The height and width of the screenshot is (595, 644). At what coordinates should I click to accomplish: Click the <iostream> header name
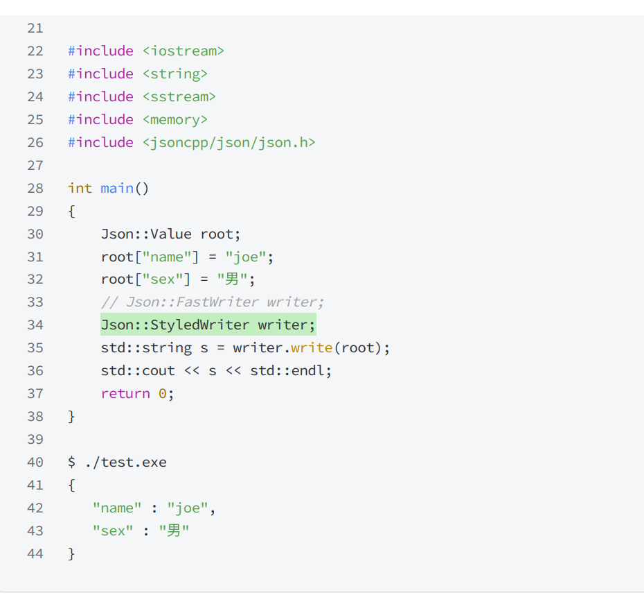point(183,51)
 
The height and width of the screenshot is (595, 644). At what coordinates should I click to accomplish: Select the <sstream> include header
point(179,96)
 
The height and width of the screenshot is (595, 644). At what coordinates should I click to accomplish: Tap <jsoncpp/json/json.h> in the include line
point(229,142)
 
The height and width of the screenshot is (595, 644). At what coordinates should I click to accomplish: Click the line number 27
point(35,165)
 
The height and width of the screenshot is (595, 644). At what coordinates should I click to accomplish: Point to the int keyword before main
point(80,188)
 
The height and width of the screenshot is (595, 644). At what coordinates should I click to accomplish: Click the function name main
point(116,188)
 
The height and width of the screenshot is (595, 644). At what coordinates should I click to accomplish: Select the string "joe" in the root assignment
point(245,257)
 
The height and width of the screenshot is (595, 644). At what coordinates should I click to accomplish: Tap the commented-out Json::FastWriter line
point(213,302)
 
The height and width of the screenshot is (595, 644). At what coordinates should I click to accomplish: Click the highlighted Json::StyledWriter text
point(175,325)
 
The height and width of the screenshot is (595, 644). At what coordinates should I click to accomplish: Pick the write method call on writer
point(311,347)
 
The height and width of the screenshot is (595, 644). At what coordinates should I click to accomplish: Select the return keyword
point(125,393)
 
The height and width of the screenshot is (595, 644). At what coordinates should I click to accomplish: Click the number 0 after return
point(163,393)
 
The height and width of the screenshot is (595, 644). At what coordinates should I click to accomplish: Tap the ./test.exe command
point(125,462)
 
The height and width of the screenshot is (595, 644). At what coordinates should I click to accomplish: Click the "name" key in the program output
point(117,508)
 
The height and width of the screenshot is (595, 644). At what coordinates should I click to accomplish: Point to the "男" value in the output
point(174,531)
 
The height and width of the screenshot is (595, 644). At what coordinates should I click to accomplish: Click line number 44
point(35,553)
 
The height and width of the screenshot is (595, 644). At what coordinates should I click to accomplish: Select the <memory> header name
point(175,119)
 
